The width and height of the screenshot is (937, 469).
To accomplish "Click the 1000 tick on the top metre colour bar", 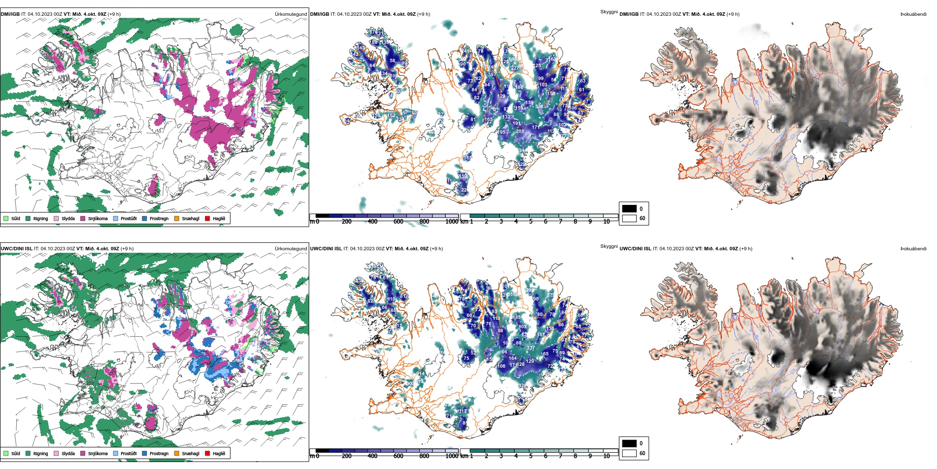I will (451, 222).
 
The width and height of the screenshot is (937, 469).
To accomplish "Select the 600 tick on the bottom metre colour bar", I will (398, 456).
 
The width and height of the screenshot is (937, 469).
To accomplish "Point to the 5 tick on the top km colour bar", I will (531, 222).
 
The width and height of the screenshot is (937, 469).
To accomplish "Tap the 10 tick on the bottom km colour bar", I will (607, 456).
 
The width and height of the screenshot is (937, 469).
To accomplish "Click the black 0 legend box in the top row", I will (629, 209).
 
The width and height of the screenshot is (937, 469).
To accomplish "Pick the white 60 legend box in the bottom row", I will (629, 453).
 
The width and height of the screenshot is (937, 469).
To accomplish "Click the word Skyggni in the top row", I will (609, 12).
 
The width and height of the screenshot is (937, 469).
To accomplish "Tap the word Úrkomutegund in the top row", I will (290, 14).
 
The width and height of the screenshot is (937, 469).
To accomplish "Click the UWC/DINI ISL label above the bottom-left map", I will (16, 249).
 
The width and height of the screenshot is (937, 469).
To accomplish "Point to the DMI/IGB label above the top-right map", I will (629, 14).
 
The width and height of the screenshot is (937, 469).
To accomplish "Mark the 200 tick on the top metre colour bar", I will (347, 222).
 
